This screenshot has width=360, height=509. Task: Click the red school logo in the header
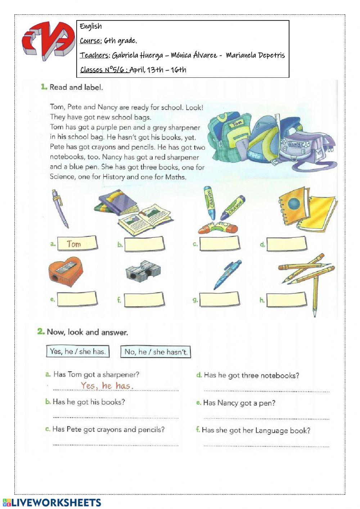coord(46,40)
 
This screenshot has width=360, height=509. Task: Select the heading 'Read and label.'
coord(76,87)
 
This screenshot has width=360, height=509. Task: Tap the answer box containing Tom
coord(77,244)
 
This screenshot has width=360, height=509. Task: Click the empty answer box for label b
coord(144,244)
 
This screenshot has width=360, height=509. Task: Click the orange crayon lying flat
coord(218,227)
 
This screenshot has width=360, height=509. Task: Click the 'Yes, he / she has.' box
coord(78,351)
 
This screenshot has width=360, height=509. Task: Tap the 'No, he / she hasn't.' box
coord(156,352)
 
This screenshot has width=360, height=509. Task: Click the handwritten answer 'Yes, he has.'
coord(107,385)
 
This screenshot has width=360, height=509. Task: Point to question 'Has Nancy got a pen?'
coord(239,403)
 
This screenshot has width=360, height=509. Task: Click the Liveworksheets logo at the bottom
coord(52,503)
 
